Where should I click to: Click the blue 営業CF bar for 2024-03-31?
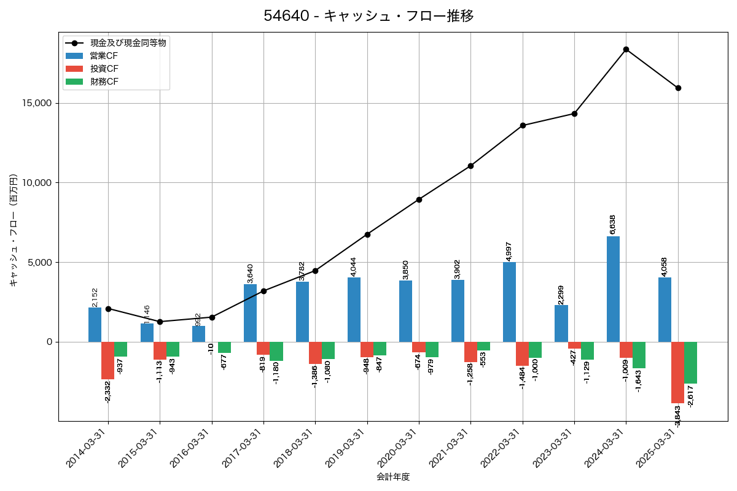[x=613, y=289]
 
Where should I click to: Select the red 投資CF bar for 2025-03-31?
[x=677, y=372]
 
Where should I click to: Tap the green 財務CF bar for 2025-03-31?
[x=690, y=363]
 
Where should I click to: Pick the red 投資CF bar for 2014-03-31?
[x=107, y=360]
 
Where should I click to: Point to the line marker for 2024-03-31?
[x=626, y=49]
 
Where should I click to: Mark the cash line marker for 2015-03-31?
[x=160, y=322]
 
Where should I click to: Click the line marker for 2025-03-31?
[x=678, y=88]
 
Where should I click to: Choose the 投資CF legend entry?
[x=104, y=69]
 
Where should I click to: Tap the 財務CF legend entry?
[x=104, y=82]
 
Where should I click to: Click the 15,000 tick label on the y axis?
[x=37, y=103]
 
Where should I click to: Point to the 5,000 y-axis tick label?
[x=40, y=262]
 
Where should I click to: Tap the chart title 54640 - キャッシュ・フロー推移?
[x=368, y=16]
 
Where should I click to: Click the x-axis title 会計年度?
[x=393, y=477]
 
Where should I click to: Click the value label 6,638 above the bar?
[x=613, y=224]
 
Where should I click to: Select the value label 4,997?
[x=509, y=251]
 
